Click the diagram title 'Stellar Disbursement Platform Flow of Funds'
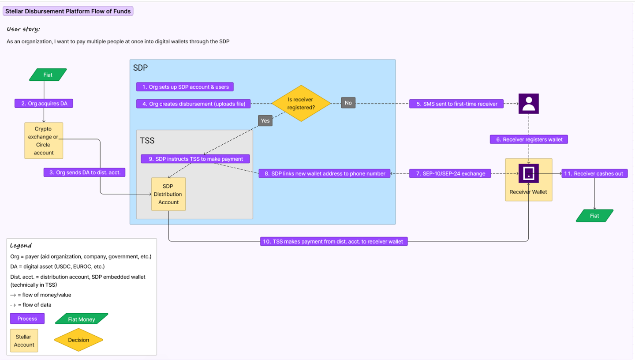[x=68, y=11]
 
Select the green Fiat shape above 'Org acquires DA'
[x=48, y=75]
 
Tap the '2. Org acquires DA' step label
[x=44, y=104]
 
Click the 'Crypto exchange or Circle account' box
[x=44, y=141]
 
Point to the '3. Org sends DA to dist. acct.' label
[x=85, y=172]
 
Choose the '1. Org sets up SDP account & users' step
[x=185, y=87]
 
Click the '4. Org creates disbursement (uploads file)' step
[x=194, y=104]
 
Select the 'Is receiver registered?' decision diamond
[x=301, y=104]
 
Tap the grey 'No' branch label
[x=348, y=103]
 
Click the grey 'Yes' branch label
[x=265, y=120]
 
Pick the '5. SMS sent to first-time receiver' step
[x=457, y=104]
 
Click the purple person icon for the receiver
[x=528, y=104]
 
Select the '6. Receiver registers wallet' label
[x=529, y=139]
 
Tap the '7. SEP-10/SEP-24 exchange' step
[x=450, y=173]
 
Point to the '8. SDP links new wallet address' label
[x=325, y=173]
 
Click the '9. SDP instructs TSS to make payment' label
[x=195, y=159]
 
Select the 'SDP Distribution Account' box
[x=168, y=194]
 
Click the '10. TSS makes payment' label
[x=334, y=241]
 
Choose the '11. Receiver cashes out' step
[x=594, y=173]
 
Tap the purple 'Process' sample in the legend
[x=27, y=319]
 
